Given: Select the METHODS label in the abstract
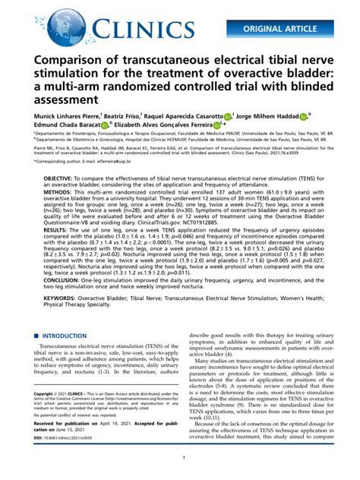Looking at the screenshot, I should (x=60, y=215).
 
